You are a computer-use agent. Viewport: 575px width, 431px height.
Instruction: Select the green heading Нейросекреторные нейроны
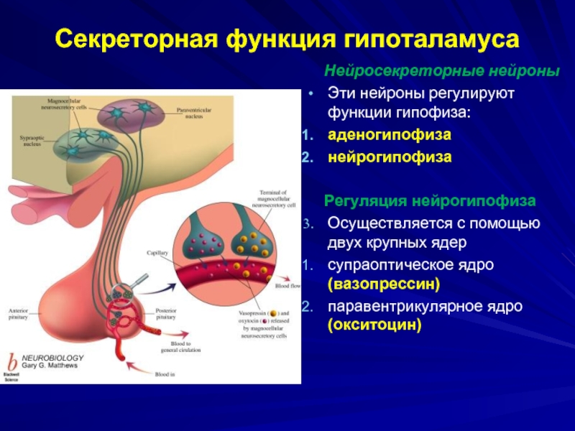pos(441,72)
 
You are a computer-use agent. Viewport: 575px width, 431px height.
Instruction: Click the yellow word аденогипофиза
pos(390,135)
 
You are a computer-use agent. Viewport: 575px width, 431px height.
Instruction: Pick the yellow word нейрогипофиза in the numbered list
pos(390,157)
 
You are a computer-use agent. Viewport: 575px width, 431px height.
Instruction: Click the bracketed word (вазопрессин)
pos(384,284)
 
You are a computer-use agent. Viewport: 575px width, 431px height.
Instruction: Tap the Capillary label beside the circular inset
pos(157,254)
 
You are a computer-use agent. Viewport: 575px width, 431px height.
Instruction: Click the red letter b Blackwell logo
pos(12,363)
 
